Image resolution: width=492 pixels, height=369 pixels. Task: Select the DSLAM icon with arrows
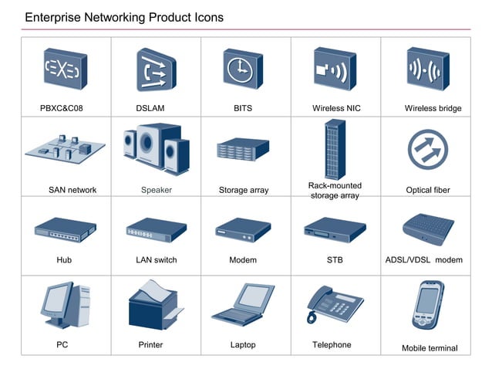pyautogui.click(x=153, y=69)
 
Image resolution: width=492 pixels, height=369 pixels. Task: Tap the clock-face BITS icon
pyautogui.click(x=242, y=69)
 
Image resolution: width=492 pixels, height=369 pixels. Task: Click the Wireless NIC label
pyautogui.click(x=334, y=108)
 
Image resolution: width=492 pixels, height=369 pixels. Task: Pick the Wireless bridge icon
pyautogui.click(x=427, y=69)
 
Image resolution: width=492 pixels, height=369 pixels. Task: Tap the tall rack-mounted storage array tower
pyautogui.click(x=334, y=150)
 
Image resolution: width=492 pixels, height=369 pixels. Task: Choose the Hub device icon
pyautogui.click(x=65, y=229)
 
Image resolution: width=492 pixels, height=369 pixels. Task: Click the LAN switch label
pyautogui.click(x=156, y=260)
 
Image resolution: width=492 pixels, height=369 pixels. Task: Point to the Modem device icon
pyautogui.click(x=243, y=229)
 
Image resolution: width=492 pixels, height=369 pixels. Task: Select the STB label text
pyautogui.click(x=334, y=260)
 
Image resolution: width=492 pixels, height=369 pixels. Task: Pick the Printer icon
pyautogui.click(x=154, y=304)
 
